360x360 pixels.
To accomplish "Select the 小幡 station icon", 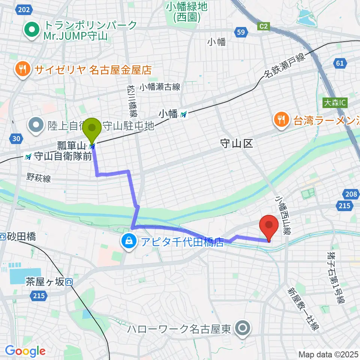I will [x=183, y=114].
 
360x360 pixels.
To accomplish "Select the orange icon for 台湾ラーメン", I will [x=280, y=120].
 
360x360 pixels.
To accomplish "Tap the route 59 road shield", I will [x=241, y=32].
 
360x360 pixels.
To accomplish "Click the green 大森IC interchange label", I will [x=335, y=102].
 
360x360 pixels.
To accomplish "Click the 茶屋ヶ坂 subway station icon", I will [x=68, y=282].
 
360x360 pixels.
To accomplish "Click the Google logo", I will [x=25, y=351].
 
